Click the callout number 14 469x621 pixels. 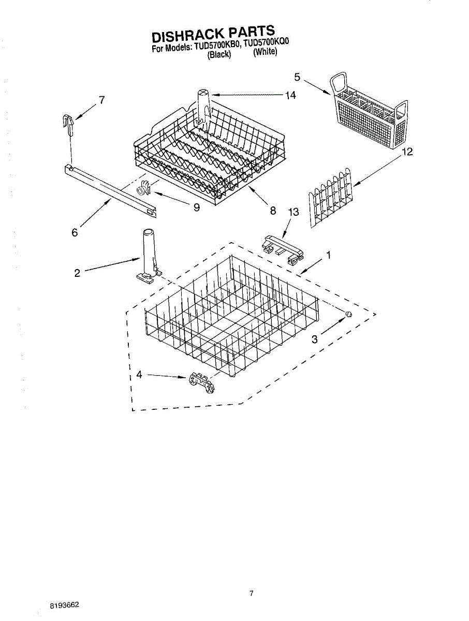tap(290, 95)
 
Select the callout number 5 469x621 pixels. tap(297, 77)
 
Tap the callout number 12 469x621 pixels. tap(407, 152)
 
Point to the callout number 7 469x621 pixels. tap(102, 100)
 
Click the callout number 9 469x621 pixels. tap(197, 208)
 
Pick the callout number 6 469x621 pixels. tap(75, 233)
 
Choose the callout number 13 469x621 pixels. tap(294, 212)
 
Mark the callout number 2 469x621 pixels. tap(77, 273)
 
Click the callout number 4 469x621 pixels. tap(139, 375)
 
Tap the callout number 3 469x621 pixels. tap(314, 339)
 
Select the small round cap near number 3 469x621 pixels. tap(349, 314)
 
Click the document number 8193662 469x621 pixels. tap(65, 604)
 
